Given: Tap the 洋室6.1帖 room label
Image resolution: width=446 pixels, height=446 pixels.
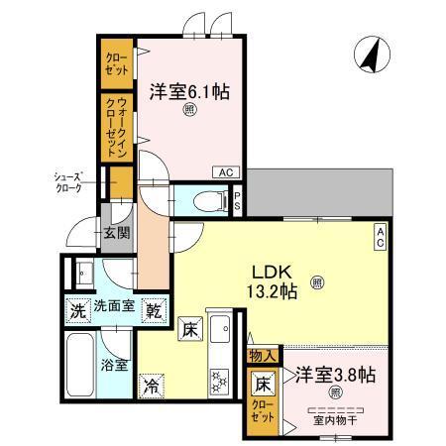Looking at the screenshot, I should point(190,92).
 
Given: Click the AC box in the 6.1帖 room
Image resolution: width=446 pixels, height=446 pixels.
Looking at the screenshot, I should point(226,171).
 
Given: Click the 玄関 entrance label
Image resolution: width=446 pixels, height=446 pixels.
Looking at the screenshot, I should point(115,234).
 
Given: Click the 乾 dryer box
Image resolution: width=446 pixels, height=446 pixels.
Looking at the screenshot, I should point(154,310).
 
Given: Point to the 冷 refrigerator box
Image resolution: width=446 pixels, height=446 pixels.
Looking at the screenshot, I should point(152,385).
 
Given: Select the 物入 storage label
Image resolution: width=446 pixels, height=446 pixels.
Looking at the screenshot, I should point(263,354).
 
